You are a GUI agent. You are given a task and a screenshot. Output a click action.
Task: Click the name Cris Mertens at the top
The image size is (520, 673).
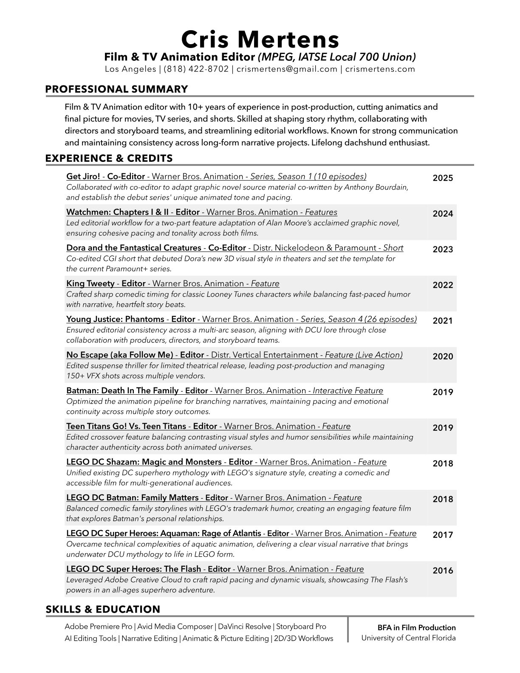click(260, 40)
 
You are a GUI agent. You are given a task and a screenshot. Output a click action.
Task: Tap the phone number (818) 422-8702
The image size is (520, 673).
click(196, 69)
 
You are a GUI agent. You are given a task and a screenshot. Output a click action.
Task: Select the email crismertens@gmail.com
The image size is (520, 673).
click(287, 69)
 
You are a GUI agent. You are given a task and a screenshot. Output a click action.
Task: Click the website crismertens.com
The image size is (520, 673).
click(380, 69)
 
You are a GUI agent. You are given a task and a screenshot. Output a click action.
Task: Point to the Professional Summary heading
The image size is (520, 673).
click(116, 89)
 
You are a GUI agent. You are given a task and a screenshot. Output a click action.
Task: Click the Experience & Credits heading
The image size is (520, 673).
click(109, 158)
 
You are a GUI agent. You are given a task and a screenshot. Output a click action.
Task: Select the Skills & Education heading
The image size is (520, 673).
click(103, 610)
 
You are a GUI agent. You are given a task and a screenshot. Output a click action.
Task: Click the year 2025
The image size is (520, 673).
click(443, 178)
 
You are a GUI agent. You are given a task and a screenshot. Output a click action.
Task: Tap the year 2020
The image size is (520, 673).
click(443, 356)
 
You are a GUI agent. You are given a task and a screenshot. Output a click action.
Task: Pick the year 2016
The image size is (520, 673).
click(443, 571)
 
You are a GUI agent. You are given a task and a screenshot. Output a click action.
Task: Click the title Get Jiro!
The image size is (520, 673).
click(83, 176)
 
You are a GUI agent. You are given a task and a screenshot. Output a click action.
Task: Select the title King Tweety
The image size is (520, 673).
click(90, 283)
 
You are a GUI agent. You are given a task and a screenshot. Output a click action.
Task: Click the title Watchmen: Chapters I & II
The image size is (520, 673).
click(117, 212)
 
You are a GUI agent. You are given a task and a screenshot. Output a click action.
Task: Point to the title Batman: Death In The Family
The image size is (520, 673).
click(122, 390)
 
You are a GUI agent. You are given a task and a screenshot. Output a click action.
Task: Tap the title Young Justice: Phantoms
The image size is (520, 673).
click(115, 319)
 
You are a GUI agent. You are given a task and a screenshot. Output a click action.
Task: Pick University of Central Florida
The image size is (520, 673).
click(408, 638)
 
